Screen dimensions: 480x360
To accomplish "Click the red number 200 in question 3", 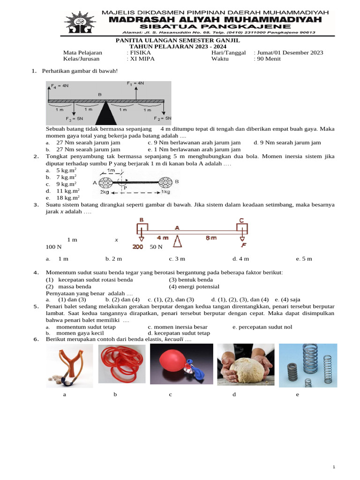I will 138,247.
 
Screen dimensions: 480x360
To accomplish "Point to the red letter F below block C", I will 243,245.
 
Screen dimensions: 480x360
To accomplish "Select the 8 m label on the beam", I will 211,238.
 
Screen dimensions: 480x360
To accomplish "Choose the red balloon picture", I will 181,366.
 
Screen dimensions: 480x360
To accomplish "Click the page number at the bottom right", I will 334,467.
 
